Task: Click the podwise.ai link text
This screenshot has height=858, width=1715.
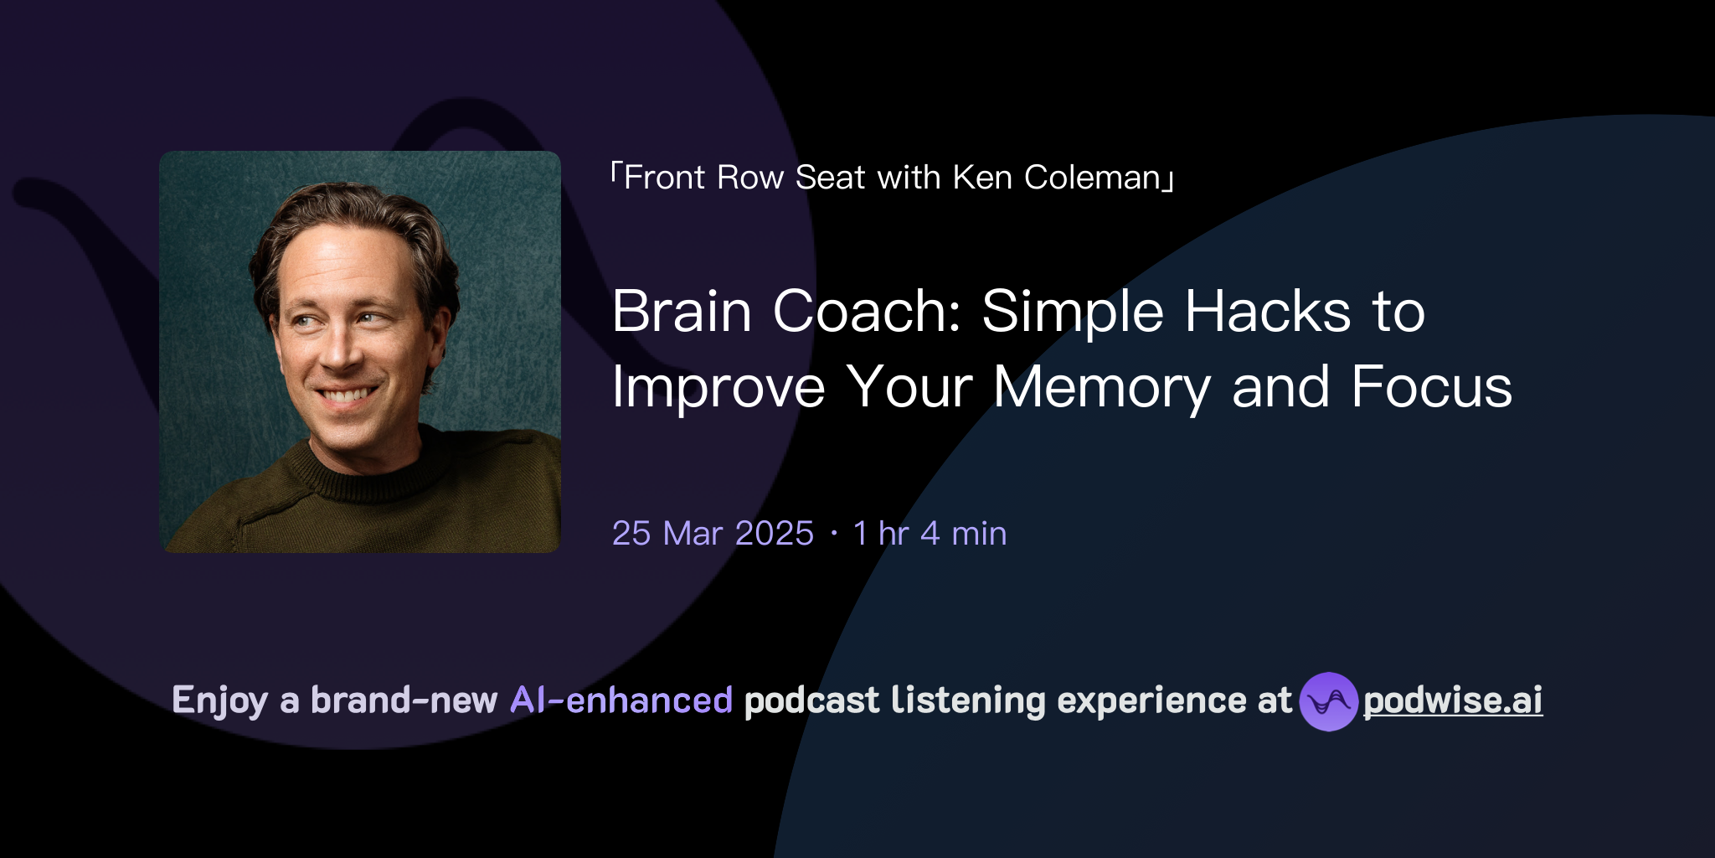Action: [1453, 701]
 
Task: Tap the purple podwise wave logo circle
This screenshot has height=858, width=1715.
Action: [1328, 701]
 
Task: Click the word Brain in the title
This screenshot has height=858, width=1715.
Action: [682, 312]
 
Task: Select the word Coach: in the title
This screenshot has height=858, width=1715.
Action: [867, 312]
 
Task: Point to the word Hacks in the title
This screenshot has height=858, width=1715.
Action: [1268, 312]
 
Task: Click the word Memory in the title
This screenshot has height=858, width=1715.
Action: [1102, 388]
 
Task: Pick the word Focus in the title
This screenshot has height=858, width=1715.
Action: [1431, 388]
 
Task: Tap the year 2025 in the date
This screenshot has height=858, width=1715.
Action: [774, 534]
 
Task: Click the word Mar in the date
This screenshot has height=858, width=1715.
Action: [693, 534]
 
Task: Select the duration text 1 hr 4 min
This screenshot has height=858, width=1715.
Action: [930, 534]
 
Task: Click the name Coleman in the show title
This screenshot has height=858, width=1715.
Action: [1092, 178]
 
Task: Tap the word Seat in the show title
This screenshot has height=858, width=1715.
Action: [829, 178]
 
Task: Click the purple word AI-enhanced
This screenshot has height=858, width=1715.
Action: [621, 700]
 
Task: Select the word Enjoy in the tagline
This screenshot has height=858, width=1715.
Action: [219, 700]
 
